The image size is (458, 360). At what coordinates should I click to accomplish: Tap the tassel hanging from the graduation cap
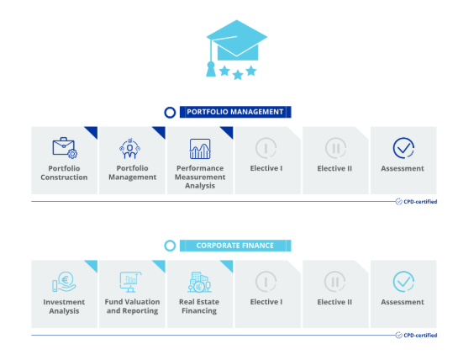click(x=211, y=69)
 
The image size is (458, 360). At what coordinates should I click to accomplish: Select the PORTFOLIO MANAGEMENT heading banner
click(x=235, y=112)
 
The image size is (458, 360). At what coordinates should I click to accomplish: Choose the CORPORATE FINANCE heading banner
click(x=235, y=246)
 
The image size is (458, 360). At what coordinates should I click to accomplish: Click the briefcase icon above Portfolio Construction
click(x=65, y=148)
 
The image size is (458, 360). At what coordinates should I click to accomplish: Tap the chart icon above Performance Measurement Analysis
click(x=200, y=149)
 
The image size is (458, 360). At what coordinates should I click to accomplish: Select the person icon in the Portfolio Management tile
click(x=129, y=149)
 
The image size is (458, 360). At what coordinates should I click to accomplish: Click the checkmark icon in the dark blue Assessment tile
click(x=403, y=148)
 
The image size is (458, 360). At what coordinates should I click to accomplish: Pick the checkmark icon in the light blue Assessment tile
click(x=403, y=282)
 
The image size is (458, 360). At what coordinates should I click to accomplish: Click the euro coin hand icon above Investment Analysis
click(x=64, y=282)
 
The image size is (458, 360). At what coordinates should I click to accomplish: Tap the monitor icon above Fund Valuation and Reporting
click(x=130, y=282)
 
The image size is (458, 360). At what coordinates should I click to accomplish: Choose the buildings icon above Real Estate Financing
click(x=200, y=282)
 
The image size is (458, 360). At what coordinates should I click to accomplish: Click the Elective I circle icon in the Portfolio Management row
click(x=266, y=148)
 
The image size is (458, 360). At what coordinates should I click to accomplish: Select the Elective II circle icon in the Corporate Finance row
click(x=335, y=282)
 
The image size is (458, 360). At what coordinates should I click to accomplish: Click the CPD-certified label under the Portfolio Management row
click(x=417, y=202)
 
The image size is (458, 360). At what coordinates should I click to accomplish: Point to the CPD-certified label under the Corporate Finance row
click(x=417, y=335)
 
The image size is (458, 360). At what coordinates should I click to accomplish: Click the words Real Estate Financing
click(x=199, y=306)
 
